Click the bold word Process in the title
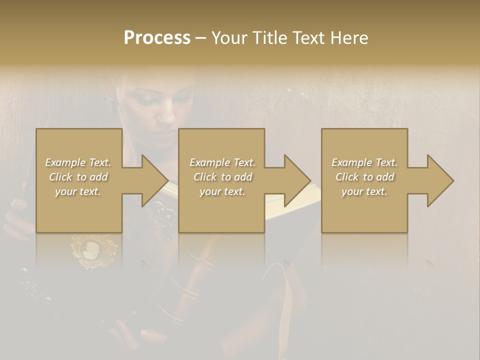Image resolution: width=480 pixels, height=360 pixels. click(x=157, y=38)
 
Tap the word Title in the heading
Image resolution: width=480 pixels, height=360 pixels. click(x=270, y=38)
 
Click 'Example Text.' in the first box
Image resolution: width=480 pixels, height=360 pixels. click(x=78, y=162)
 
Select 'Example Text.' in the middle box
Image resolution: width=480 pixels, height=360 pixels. click(x=222, y=162)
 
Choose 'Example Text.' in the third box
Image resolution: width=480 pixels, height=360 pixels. click(x=364, y=162)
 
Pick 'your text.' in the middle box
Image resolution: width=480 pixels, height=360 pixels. click(x=222, y=191)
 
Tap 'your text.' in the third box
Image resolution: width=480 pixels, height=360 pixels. click(x=364, y=191)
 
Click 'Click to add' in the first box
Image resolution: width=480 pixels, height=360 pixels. click(x=78, y=177)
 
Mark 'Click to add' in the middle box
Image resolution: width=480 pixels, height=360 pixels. click(x=222, y=177)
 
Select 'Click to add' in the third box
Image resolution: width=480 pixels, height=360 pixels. click(x=364, y=177)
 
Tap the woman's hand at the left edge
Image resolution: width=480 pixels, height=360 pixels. click(x=17, y=212)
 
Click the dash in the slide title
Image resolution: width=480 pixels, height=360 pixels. click(x=200, y=38)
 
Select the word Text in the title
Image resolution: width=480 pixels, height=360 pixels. click(x=308, y=38)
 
